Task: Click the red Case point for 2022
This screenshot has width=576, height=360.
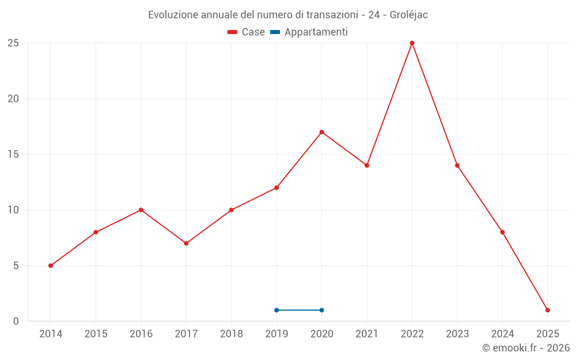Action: pos(412,43)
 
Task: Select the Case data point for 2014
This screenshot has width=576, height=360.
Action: pos(51,266)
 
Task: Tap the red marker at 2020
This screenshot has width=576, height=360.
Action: pos(321,132)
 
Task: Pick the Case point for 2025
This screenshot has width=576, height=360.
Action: pos(547,310)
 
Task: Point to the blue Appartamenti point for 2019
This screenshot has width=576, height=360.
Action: pos(276,310)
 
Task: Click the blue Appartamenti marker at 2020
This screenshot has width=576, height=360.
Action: pos(321,310)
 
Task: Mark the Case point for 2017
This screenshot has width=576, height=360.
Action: pos(186,243)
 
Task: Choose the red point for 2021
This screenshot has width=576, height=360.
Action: pos(367,165)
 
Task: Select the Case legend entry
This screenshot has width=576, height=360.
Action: pos(247,32)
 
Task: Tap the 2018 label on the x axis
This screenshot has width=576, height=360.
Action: pos(231,334)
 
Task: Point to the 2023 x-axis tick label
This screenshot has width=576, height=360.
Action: pos(457,334)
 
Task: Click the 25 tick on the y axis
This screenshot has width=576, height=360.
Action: pos(13,43)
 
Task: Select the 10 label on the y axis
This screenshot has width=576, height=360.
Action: pos(13,210)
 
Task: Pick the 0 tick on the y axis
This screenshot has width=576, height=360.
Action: pos(16,321)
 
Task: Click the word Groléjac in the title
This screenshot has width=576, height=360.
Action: pos(409,15)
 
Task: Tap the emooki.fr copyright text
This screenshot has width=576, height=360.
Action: pos(526,348)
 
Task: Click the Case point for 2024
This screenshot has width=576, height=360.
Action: pos(502,232)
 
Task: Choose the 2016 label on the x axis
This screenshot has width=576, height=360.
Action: pos(141,334)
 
